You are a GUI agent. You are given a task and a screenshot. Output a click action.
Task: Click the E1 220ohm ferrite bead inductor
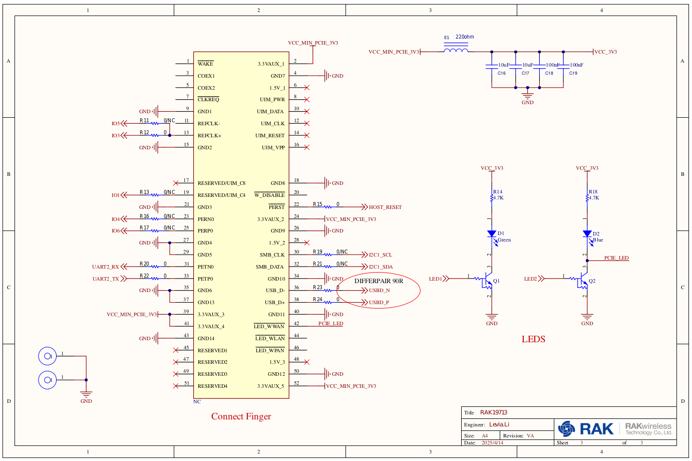click(x=456, y=50)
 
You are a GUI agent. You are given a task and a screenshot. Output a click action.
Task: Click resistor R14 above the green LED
click(x=492, y=197)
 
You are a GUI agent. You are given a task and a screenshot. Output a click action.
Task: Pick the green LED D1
click(x=492, y=234)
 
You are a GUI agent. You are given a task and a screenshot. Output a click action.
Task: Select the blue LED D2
click(x=587, y=234)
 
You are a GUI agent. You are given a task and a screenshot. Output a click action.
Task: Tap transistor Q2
click(x=582, y=281)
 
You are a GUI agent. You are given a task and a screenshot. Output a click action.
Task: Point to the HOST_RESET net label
click(x=385, y=207)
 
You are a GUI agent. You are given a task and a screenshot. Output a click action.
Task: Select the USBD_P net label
click(x=379, y=303)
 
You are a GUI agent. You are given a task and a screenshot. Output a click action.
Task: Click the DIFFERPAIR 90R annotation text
click(x=379, y=281)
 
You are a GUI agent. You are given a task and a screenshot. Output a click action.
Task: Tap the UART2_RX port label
click(x=106, y=267)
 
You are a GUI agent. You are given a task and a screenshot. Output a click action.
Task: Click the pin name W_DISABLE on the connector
click(x=269, y=195)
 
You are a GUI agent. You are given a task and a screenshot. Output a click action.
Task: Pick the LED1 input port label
click(x=435, y=279)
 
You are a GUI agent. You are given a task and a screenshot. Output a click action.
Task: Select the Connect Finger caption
click(x=241, y=416)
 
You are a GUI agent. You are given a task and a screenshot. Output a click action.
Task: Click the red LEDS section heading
click(x=533, y=339)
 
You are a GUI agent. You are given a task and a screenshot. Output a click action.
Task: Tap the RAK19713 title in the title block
click(x=494, y=412)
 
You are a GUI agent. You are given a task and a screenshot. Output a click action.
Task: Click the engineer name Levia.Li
click(x=499, y=424)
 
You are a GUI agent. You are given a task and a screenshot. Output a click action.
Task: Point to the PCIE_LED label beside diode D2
click(x=616, y=258)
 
